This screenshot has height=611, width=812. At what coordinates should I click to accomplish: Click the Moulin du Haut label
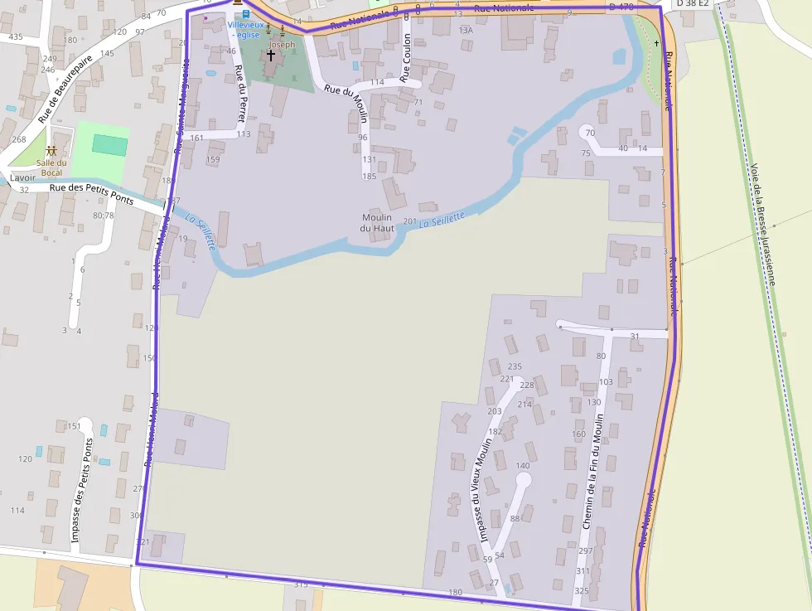[x=376, y=222]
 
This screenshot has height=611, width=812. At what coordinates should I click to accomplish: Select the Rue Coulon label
[x=406, y=58]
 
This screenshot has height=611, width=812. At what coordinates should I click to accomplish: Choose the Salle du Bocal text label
[x=51, y=167]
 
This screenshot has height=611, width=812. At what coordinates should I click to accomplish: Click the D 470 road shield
[x=621, y=7]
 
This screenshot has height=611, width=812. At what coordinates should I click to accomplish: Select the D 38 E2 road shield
[x=693, y=3]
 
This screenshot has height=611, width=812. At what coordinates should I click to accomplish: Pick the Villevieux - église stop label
[x=244, y=29]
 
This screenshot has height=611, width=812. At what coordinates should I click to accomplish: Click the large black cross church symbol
[x=270, y=55]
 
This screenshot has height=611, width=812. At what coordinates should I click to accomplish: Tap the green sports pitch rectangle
[x=109, y=144]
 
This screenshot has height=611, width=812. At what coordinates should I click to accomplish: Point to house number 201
[x=409, y=221]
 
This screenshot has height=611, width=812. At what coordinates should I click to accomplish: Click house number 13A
[x=466, y=30]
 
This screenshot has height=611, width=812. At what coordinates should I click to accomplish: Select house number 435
[x=16, y=36]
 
